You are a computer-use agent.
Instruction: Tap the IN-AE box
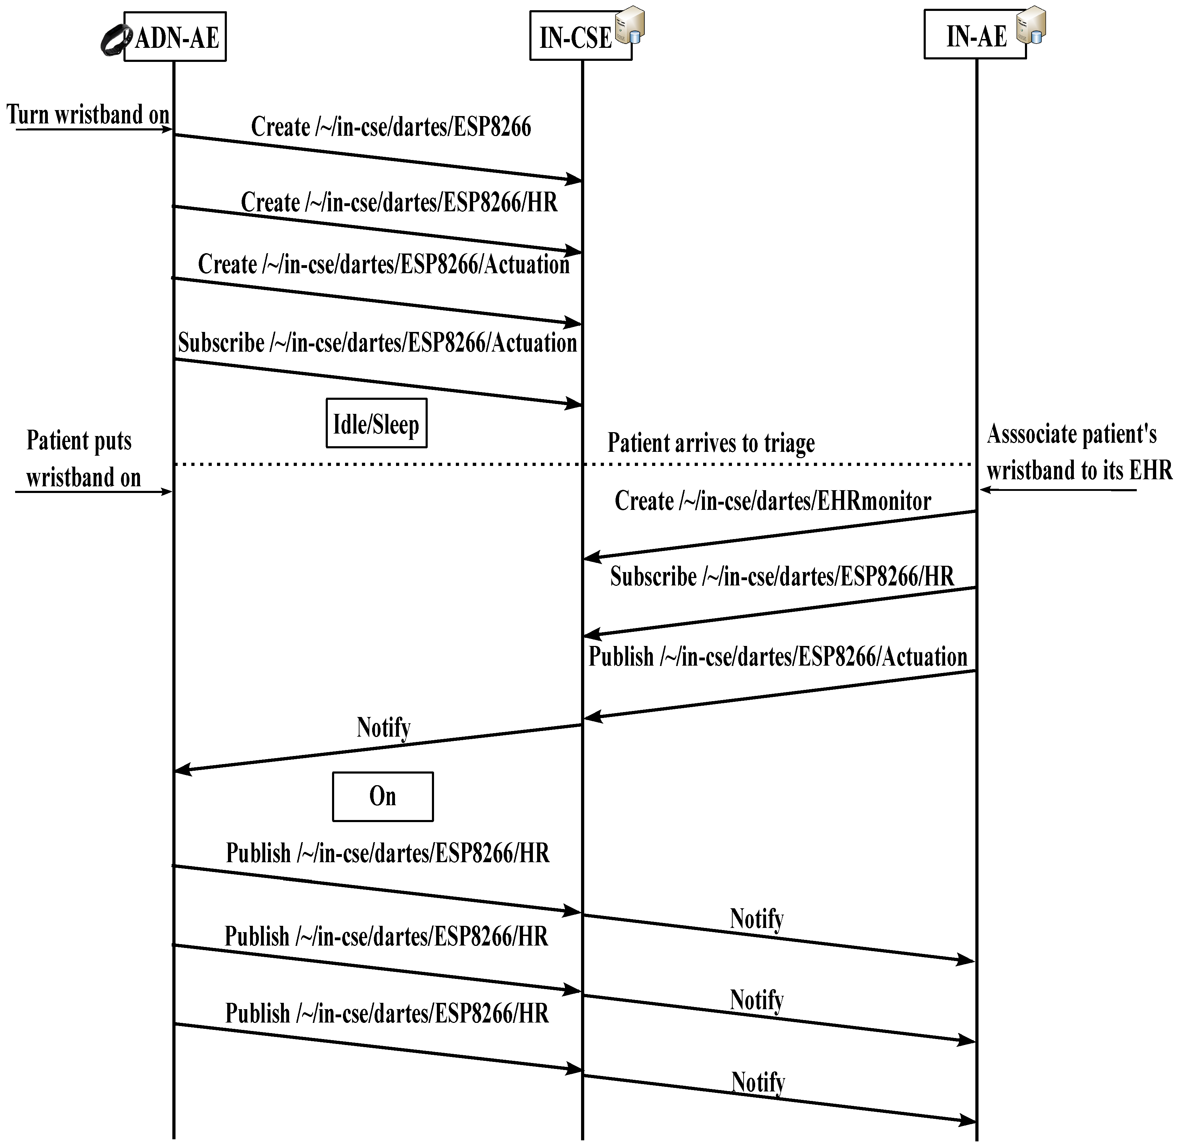pos(975,36)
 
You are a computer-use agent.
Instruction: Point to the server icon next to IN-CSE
pos(630,25)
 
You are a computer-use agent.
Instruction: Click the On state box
pos(383,796)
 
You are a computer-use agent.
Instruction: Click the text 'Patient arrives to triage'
pos(711,443)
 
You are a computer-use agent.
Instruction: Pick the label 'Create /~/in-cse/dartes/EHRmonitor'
pos(772,501)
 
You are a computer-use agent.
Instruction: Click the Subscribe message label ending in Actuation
pos(377,343)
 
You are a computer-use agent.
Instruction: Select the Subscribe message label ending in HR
pos(782,577)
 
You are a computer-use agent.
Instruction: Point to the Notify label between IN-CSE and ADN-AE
pos(383,727)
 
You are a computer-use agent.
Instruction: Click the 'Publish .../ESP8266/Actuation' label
pos(778,656)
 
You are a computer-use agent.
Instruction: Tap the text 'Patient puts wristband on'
pos(83,459)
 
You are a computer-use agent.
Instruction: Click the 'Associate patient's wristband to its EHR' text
pos(1078,452)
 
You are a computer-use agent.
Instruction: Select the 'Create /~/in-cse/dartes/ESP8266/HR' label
pos(399,203)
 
